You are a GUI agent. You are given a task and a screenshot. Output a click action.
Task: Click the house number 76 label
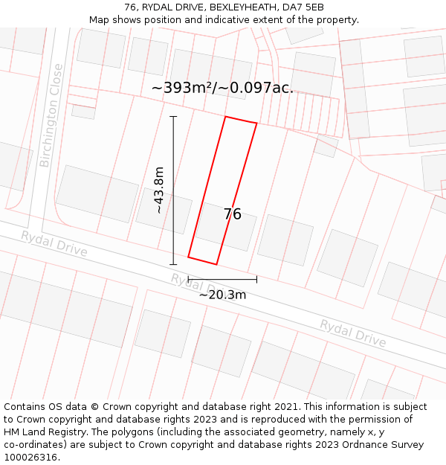point(233,214)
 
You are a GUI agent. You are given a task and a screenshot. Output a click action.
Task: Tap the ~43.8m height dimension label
point(159,190)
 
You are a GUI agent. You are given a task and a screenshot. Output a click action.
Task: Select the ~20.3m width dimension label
point(222,295)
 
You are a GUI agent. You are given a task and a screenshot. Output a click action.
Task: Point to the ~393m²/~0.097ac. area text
point(222,88)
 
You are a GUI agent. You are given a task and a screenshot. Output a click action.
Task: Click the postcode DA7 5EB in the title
point(305,7)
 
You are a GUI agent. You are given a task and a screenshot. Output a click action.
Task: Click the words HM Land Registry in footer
point(46,432)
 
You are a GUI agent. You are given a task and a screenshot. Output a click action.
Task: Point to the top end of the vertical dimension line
point(173,116)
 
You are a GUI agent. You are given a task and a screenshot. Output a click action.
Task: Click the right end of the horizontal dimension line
point(256,279)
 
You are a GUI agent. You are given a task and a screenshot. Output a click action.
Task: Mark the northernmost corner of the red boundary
point(225,116)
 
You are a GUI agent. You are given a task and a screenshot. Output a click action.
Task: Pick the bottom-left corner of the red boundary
point(188,257)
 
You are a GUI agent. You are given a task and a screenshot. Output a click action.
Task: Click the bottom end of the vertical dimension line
point(173,264)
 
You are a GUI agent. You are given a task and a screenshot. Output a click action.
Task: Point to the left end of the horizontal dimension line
point(188,279)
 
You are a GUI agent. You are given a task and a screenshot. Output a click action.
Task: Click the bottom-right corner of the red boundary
point(216,264)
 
